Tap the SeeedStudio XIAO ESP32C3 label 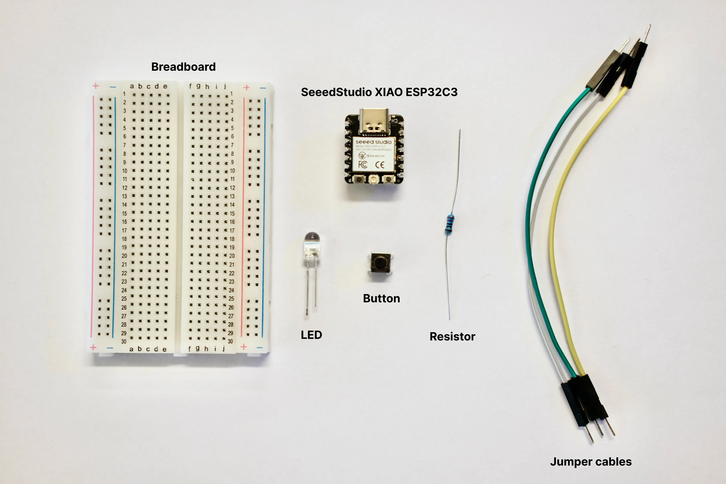click(x=379, y=92)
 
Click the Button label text click(x=381, y=298)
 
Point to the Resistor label click(x=452, y=336)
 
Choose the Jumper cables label click(x=590, y=462)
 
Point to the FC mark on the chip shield click(x=363, y=164)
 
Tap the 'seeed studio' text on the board click(x=373, y=142)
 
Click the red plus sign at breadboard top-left click(x=96, y=86)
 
